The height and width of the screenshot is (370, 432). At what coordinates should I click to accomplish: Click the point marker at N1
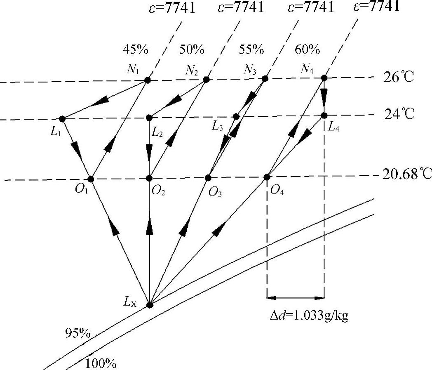click(147, 80)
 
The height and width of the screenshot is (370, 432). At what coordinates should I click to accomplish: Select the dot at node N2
click(207, 80)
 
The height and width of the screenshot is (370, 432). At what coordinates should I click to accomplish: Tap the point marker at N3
click(265, 78)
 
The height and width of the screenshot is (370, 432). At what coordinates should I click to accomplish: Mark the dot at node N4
click(324, 78)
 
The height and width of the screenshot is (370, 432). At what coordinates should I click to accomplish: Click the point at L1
click(62, 119)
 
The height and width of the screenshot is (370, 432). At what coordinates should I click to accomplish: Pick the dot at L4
click(324, 115)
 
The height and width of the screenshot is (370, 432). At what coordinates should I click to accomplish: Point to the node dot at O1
click(91, 179)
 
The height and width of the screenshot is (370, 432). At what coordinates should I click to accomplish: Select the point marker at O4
click(267, 177)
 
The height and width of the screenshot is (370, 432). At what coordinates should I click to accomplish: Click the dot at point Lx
click(150, 305)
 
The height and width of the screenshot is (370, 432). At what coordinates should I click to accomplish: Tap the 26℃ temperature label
click(398, 78)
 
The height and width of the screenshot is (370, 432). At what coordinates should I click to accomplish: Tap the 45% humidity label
click(135, 50)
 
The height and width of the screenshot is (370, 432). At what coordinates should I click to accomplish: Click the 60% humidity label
click(308, 50)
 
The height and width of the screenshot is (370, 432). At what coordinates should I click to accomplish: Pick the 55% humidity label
click(251, 50)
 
